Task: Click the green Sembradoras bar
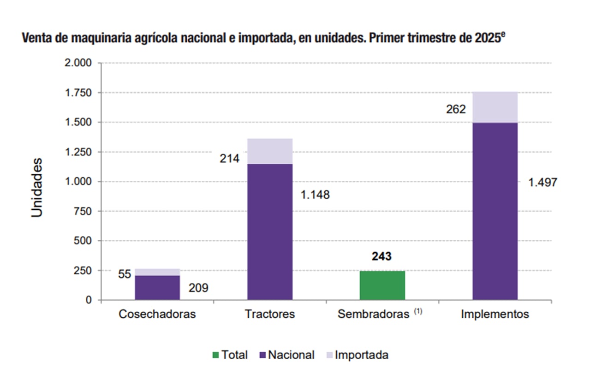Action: click(x=382, y=285)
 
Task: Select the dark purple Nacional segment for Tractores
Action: click(x=270, y=232)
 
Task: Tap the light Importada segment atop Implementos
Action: click(x=495, y=107)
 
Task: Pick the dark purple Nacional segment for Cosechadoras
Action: click(x=157, y=288)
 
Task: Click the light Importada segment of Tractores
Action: click(x=270, y=151)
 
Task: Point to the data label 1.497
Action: click(x=542, y=183)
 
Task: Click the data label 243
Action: click(x=382, y=257)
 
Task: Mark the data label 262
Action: click(x=456, y=109)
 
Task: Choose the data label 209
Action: click(x=199, y=288)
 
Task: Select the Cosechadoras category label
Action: click(x=157, y=314)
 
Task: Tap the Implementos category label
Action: click(x=495, y=314)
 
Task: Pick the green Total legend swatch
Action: click(x=215, y=355)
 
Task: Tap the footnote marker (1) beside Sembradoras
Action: click(x=418, y=312)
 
